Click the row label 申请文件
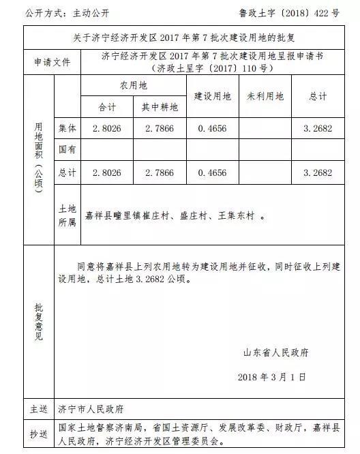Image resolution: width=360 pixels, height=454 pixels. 52,62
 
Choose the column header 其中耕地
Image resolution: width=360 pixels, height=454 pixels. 160,108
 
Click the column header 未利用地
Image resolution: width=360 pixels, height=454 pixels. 265,97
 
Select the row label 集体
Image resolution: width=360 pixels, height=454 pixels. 67,127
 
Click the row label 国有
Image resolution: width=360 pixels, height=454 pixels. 67,149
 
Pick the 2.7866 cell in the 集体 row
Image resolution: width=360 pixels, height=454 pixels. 160,127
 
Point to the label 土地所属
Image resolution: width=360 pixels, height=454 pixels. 67,215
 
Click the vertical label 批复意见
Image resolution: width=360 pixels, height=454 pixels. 39,320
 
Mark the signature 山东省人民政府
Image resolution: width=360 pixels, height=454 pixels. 275,353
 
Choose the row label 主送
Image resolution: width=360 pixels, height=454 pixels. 38,410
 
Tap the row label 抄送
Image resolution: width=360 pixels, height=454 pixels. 38,434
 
